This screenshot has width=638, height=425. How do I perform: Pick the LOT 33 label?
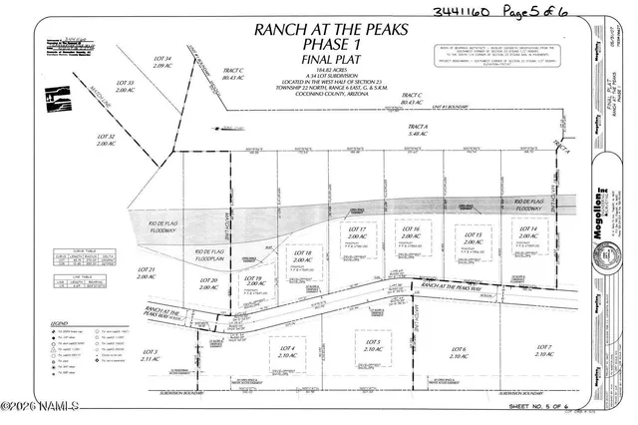tap(126, 87)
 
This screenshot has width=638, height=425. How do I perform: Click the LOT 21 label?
tap(147, 273)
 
